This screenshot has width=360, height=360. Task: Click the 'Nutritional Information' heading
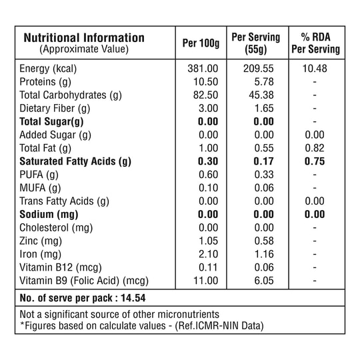point(84,38)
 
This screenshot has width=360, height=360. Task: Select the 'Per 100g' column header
point(201,43)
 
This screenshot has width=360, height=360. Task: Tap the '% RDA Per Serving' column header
point(316,43)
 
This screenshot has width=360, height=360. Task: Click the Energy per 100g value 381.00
point(203,69)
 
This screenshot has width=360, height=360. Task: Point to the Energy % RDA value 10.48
point(315,69)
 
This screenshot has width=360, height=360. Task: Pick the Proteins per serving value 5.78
point(264,82)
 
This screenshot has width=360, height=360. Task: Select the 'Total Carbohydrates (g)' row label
point(71,95)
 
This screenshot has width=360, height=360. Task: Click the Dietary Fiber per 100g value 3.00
point(208,109)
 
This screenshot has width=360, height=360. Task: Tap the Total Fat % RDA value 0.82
point(315,148)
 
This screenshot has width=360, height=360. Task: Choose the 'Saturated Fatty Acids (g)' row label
point(75,161)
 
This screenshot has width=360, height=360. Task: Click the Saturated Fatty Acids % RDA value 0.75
point(315,161)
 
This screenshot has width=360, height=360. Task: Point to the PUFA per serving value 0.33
point(264,175)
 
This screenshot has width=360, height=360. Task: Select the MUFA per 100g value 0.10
point(208,188)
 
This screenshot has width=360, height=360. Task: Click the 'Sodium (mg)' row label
point(49,215)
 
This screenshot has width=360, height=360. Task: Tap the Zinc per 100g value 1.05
point(208,241)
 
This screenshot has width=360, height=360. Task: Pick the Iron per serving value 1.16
point(264,255)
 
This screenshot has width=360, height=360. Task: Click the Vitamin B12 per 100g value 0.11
point(208,268)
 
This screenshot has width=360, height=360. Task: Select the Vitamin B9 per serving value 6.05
point(264,281)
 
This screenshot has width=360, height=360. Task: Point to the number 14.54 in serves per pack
point(133,298)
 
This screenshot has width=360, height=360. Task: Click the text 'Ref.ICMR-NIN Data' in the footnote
point(219,326)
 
